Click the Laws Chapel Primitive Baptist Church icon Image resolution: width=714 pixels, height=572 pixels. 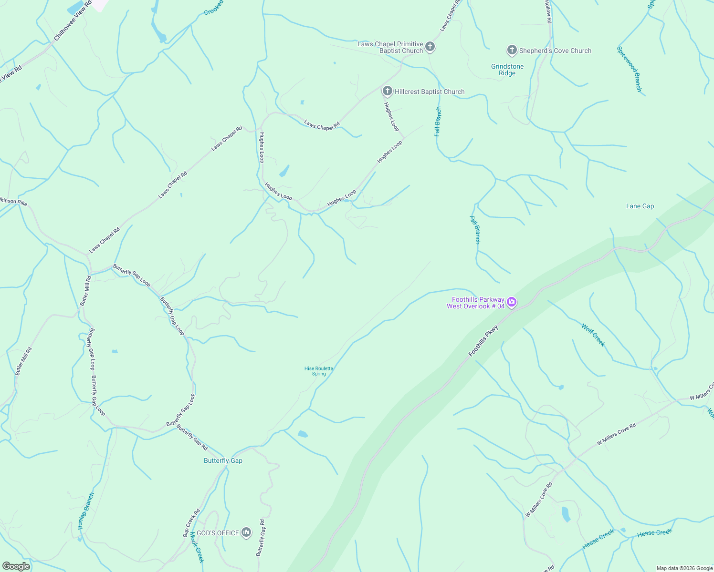point(430,47)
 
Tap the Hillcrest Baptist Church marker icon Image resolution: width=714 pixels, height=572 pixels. point(387,91)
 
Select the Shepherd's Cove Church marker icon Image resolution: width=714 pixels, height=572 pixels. point(512,50)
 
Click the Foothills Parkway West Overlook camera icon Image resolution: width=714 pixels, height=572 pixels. point(512,302)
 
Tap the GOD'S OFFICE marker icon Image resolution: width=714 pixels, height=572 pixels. point(246,532)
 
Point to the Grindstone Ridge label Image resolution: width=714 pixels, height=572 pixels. point(507,70)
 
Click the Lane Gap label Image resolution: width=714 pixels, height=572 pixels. point(640,206)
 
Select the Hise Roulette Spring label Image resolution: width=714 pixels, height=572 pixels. point(319,371)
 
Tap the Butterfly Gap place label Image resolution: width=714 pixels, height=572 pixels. point(223,460)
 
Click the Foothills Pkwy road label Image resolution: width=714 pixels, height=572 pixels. point(483,340)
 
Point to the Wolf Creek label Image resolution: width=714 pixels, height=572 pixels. point(593,335)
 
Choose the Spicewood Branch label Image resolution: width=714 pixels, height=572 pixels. point(630,69)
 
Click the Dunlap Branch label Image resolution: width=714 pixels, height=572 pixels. point(86,511)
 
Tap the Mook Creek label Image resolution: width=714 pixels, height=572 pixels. point(197,547)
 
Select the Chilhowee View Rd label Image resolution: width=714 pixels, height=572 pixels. point(73,20)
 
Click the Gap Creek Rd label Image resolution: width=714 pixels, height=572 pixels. point(191,523)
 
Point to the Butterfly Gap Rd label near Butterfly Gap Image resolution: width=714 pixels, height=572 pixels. point(192,437)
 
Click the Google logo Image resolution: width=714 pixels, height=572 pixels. point(16,566)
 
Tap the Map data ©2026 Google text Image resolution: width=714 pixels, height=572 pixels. point(684,568)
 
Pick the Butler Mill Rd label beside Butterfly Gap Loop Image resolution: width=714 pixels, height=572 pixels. point(85,291)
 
